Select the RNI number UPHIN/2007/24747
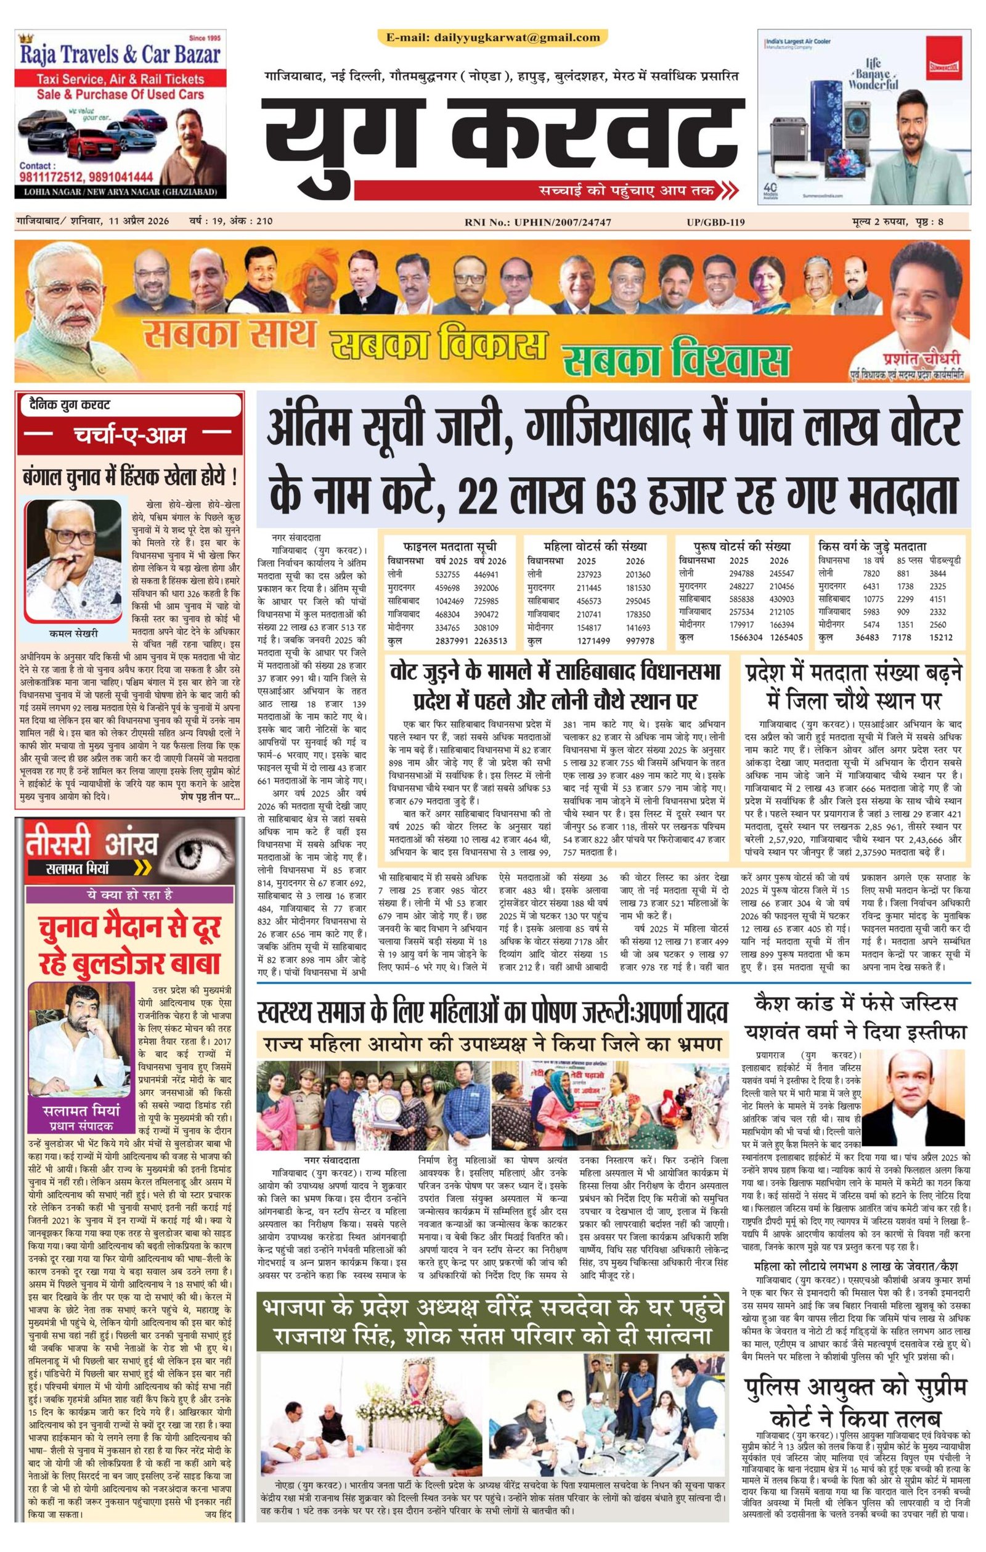click(562, 223)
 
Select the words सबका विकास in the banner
click(438, 348)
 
